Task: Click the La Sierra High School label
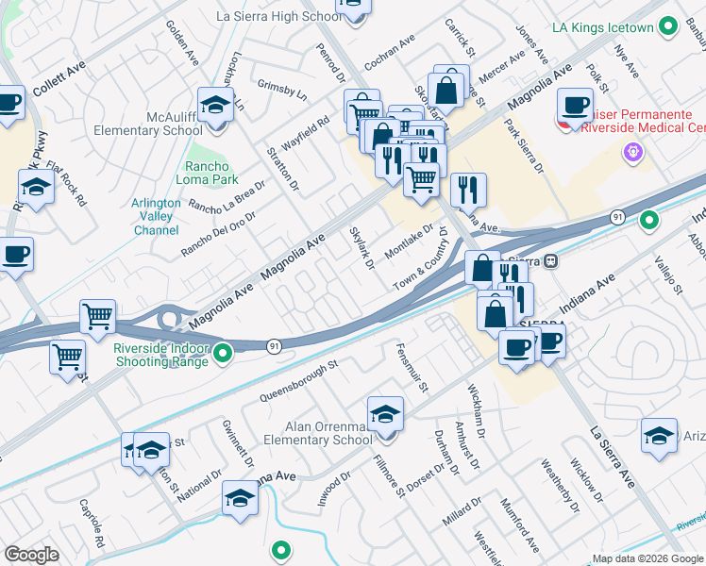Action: tap(278, 16)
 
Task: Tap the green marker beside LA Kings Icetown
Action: tap(668, 25)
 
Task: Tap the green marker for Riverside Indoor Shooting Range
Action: tap(223, 354)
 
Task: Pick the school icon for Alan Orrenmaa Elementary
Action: tap(385, 416)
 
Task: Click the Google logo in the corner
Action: tap(31, 555)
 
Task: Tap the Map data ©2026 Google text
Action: tap(647, 558)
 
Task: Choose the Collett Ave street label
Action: tap(59, 78)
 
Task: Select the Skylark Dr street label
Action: tap(362, 246)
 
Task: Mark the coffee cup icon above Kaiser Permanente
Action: tap(575, 108)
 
